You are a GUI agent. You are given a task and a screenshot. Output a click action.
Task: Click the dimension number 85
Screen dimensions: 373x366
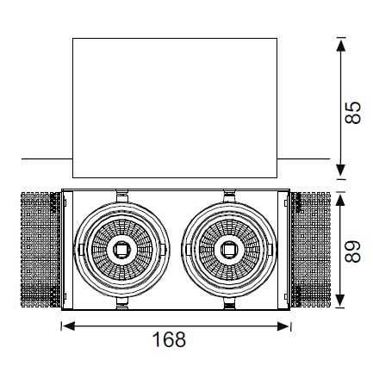353,112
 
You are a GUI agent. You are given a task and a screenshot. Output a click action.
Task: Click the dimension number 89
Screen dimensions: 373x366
353,251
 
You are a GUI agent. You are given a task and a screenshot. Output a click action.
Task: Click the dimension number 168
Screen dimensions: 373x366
169,339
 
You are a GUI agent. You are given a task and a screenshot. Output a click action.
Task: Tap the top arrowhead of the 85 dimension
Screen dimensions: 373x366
341,46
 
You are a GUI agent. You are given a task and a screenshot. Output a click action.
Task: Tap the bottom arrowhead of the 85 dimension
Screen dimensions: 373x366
341,170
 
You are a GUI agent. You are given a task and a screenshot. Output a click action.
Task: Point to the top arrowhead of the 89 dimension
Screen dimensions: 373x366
341,199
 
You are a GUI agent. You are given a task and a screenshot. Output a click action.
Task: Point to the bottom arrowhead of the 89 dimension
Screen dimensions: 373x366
341,301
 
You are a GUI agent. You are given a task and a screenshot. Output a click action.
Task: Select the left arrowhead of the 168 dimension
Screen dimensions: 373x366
68,326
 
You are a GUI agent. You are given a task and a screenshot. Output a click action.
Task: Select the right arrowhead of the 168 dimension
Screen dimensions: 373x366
283,326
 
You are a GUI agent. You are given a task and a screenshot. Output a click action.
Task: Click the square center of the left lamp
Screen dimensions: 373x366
121,250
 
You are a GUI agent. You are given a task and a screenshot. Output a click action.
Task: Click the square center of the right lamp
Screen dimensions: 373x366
229,250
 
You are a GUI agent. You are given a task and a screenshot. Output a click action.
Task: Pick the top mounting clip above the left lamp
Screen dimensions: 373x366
122,195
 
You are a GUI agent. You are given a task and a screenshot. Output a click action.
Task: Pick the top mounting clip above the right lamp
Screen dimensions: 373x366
230,195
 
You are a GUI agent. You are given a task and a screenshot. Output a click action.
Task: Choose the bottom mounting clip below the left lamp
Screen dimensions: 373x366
122,303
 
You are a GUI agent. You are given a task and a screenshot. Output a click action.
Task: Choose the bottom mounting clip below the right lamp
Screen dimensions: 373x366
230,303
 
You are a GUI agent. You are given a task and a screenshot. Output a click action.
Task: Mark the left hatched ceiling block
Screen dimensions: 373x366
41,250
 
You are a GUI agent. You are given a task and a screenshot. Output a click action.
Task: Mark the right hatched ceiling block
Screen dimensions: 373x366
310,250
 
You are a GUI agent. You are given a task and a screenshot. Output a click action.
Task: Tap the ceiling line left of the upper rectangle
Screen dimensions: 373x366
47,158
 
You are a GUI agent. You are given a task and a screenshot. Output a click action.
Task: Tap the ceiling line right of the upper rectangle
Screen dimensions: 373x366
304,158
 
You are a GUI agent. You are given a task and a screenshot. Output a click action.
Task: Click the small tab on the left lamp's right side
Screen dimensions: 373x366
163,250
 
